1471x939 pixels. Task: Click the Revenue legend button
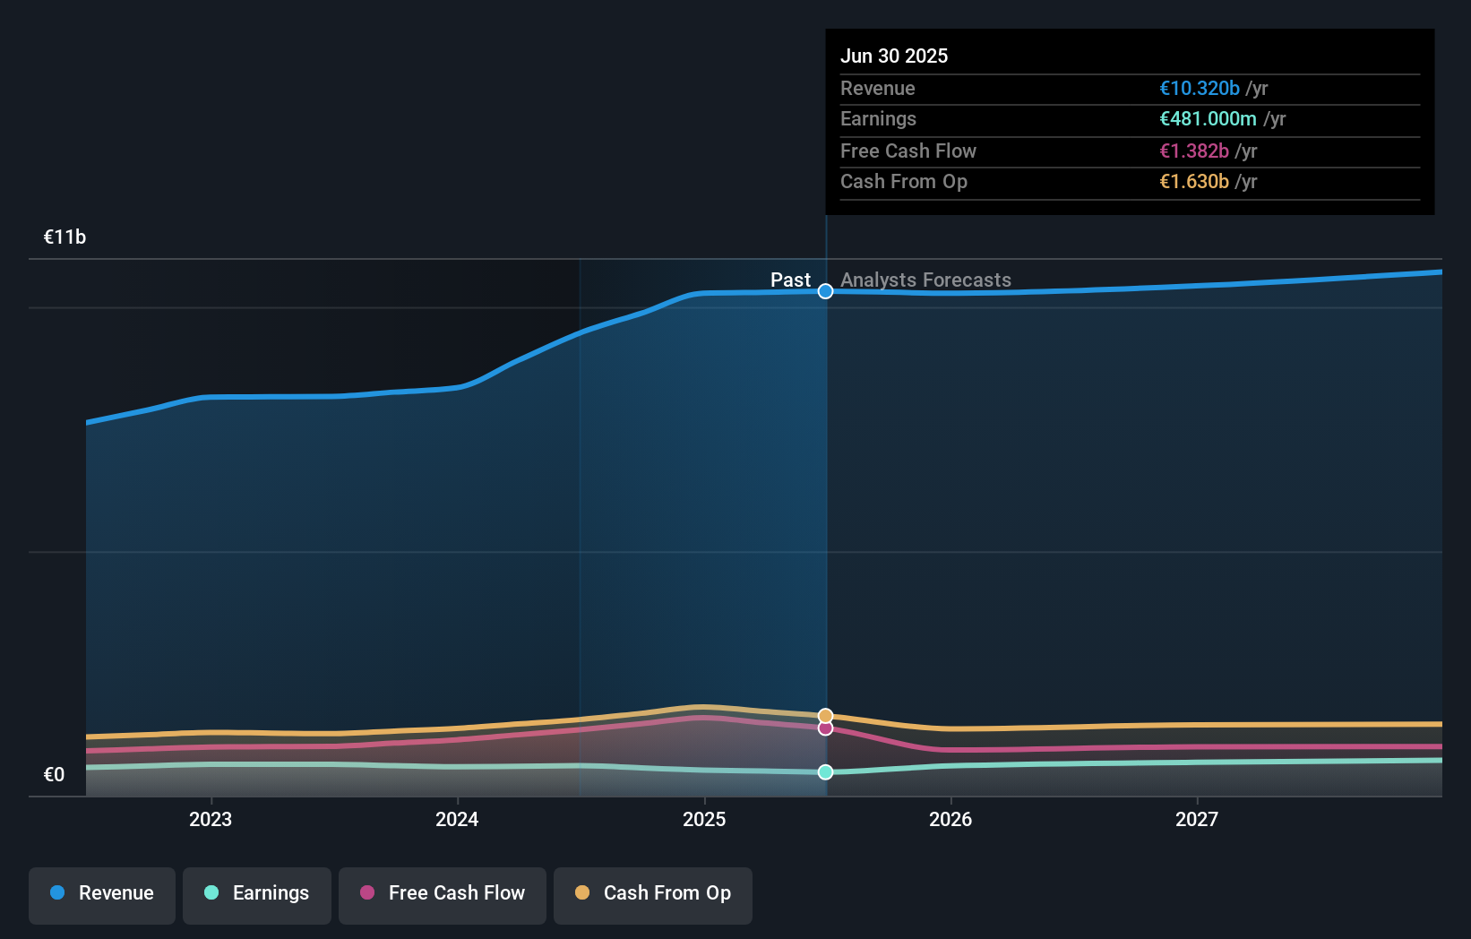(x=102, y=894)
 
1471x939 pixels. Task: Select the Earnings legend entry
(x=257, y=894)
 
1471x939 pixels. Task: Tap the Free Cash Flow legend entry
(x=443, y=894)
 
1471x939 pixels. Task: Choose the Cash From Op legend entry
(x=653, y=894)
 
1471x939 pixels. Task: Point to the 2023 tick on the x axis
(x=211, y=819)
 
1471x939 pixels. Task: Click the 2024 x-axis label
(x=457, y=819)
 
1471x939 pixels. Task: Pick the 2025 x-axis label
(x=704, y=819)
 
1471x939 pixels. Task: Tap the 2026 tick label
(x=951, y=819)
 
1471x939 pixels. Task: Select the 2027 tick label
(x=1197, y=819)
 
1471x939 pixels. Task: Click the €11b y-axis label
(x=65, y=237)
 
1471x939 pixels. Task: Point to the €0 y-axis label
(x=54, y=775)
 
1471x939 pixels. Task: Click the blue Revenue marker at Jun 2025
(x=826, y=291)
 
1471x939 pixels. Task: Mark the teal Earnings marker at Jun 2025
(x=826, y=772)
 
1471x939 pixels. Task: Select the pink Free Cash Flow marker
(x=826, y=728)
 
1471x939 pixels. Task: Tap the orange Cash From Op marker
(x=826, y=716)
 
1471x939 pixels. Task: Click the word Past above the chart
(x=790, y=280)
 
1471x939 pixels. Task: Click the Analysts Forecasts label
(x=925, y=280)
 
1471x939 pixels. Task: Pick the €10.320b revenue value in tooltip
(x=1199, y=89)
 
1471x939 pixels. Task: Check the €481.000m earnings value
(x=1208, y=119)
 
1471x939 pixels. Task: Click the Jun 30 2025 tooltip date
(x=894, y=56)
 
